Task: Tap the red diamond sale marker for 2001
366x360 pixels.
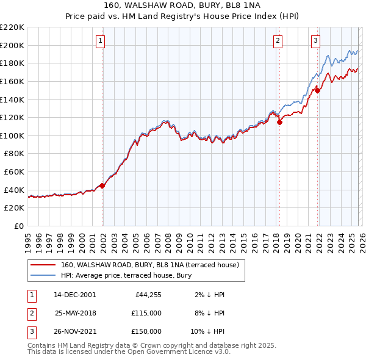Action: pos(102,186)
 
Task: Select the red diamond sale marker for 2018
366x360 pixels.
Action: pos(279,122)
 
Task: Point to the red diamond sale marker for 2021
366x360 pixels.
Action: pos(317,90)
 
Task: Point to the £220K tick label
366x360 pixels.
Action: pos(12,27)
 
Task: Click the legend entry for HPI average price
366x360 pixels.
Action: pos(126,275)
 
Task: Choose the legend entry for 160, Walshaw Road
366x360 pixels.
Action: pos(153,265)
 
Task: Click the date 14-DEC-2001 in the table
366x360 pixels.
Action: pos(75,295)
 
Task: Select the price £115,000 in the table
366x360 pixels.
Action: pos(146,313)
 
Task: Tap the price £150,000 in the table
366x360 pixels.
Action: pos(146,331)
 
